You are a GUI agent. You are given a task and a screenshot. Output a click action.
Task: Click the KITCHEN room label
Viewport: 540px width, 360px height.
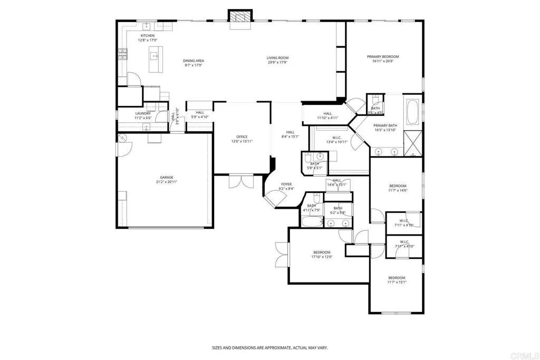coord(147,35)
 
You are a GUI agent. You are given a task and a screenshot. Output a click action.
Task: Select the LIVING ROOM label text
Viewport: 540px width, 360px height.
coord(277,58)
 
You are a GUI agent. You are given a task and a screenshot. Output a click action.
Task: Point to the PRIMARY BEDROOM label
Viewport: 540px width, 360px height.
coord(383,56)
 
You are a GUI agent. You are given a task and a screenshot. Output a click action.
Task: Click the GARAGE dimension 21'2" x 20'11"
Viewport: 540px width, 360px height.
coord(167,182)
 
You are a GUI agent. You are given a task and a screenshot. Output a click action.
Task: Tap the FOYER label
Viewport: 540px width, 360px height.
coord(286,184)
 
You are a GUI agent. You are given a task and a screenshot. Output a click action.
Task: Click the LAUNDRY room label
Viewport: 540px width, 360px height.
coord(143,113)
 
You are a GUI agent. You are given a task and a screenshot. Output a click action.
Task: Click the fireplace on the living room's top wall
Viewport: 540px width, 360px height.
coord(240,16)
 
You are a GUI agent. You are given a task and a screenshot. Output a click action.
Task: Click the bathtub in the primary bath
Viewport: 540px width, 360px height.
coord(413,111)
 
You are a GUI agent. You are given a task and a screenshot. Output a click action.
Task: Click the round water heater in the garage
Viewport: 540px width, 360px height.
coord(123,138)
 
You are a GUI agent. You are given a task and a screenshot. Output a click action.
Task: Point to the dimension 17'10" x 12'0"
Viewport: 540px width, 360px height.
coord(321,257)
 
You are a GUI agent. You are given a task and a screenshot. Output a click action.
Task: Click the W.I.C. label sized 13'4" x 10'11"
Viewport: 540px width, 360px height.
coord(337,142)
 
